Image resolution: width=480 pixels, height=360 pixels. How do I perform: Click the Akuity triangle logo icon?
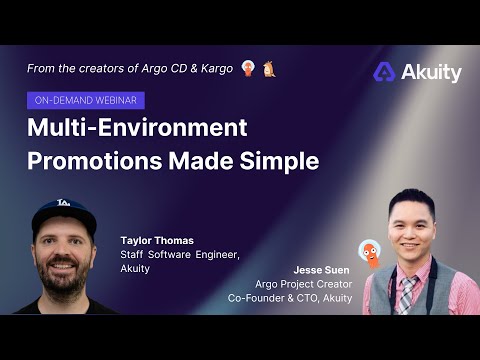pos(385,72)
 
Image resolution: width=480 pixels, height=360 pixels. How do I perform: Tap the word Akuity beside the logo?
pos(431,72)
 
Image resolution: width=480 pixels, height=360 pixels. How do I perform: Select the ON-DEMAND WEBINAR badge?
pos(86,100)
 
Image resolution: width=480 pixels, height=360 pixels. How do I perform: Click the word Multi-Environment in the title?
pos(136,128)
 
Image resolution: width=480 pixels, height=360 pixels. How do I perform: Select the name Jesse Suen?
pos(322,270)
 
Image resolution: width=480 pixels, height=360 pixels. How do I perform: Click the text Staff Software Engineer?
pos(173,255)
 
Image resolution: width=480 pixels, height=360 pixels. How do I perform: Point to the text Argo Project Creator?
pos(303,284)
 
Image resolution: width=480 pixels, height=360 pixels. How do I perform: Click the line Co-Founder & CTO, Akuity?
pos(290,298)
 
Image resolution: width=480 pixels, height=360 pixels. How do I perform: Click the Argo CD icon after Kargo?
pos(247,68)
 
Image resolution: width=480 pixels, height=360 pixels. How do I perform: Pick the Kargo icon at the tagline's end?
pos(268,68)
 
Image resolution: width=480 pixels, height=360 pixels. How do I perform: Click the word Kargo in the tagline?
pos(213,68)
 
